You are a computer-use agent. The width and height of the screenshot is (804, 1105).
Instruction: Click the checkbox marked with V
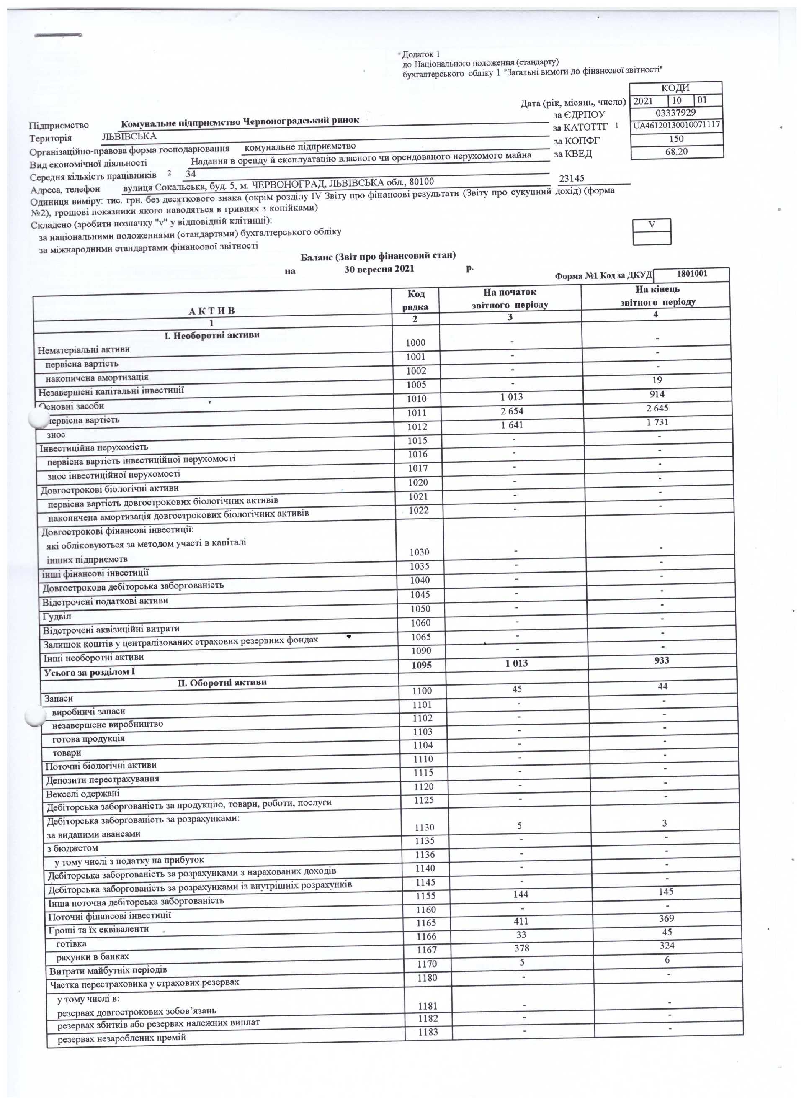652,225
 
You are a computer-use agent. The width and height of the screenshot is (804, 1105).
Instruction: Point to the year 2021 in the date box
644,101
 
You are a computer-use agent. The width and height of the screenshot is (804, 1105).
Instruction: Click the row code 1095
421,665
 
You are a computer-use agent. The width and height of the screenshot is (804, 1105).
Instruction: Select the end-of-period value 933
662,660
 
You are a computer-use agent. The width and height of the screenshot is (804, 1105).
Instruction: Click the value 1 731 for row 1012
657,422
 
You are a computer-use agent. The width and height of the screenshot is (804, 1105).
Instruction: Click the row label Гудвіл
57,616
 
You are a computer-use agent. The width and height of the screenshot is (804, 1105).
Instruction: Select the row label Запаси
59,698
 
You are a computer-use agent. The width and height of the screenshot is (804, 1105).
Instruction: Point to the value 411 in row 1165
521,921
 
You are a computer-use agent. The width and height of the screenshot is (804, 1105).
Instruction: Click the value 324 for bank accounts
667,945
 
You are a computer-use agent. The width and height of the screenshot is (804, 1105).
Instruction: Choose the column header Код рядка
415,300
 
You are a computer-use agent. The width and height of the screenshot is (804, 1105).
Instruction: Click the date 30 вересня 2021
379,269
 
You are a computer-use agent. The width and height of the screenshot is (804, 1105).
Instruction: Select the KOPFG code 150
676,139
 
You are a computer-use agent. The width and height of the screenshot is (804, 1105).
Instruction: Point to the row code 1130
424,827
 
